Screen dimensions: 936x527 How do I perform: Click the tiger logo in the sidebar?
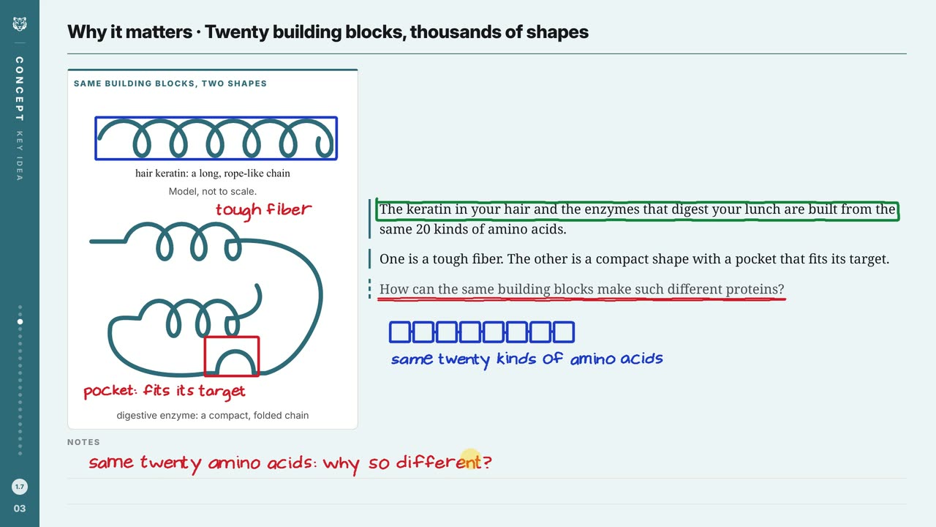click(x=20, y=24)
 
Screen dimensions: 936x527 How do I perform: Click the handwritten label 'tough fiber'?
click(x=264, y=210)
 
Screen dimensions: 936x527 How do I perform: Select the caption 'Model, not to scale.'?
click(x=212, y=192)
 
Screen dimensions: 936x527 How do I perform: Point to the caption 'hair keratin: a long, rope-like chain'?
click(x=212, y=173)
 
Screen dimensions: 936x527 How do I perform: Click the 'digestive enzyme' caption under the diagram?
click(x=212, y=415)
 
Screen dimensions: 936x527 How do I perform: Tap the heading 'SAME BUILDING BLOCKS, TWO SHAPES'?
click(x=170, y=83)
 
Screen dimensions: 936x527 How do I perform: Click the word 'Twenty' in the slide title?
click(x=236, y=32)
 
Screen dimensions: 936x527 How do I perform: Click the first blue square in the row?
click(x=400, y=332)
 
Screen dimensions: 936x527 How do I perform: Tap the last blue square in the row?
click(x=564, y=332)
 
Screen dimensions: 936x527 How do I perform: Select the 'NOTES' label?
click(x=83, y=442)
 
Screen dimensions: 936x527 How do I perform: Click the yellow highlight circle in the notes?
click(x=470, y=459)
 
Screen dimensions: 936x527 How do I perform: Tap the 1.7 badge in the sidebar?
click(x=20, y=487)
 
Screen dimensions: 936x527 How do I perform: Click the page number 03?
click(x=20, y=509)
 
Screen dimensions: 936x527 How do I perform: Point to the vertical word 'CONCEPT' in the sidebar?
click(x=20, y=89)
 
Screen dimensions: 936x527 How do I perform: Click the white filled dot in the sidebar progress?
click(x=20, y=321)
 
